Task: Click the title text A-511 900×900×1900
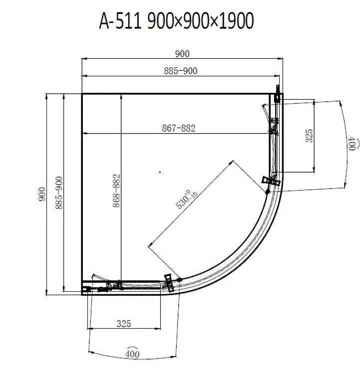pos(176,21)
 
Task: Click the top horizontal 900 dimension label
pos(182,54)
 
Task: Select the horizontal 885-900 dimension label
pos(181,71)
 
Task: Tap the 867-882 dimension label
pos(179,128)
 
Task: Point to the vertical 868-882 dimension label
pos(116,190)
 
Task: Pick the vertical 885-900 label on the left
pos(59,193)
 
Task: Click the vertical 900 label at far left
pos(41,194)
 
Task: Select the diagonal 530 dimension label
pos(186,199)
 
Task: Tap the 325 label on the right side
pos(309,136)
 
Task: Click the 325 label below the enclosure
pos(124,324)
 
